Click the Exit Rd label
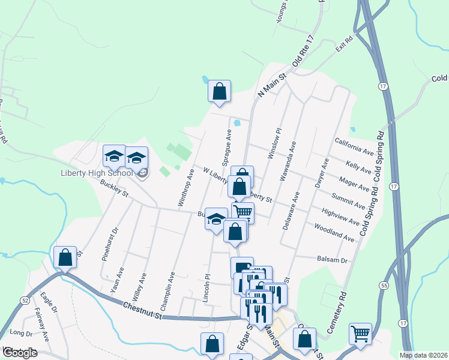(343, 43)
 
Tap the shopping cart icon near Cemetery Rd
(360, 334)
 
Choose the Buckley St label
(115, 189)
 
